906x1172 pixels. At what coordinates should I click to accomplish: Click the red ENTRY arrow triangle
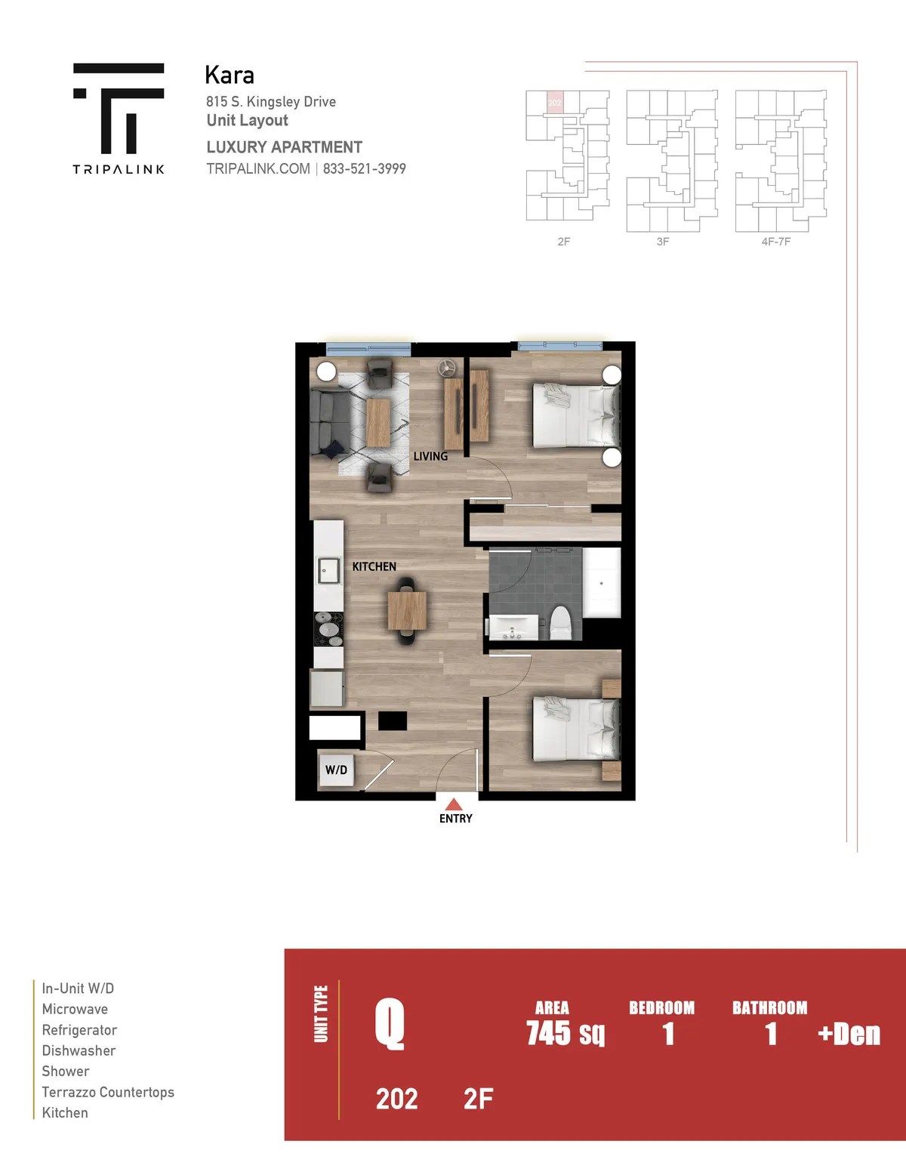tap(454, 804)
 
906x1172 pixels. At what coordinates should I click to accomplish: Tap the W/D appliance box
tap(337, 770)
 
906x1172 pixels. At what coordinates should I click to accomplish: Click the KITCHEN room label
tap(374, 566)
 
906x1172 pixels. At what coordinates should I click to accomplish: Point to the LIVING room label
tap(430, 456)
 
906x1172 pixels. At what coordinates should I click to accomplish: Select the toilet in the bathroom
tap(560, 622)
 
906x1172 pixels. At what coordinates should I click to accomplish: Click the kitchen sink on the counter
tap(328, 570)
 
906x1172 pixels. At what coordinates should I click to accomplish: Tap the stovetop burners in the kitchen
tap(328, 629)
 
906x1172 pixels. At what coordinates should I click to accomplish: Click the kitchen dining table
tap(407, 610)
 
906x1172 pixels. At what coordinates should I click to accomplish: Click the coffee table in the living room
tap(377, 422)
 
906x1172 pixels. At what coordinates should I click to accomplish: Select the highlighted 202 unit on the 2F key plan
tap(555, 103)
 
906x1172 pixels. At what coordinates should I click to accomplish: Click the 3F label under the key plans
tap(662, 242)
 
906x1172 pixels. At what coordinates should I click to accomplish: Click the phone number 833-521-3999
tap(365, 168)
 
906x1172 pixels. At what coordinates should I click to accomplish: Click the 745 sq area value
tap(565, 1033)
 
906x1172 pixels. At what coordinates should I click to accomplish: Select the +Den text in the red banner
tap(849, 1034)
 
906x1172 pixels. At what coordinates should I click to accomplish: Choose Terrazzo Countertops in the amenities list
tap(108, 1092)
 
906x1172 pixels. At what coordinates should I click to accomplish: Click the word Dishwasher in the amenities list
tap(79, 1050)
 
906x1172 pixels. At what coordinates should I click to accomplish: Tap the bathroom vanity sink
tap(513, 628)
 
